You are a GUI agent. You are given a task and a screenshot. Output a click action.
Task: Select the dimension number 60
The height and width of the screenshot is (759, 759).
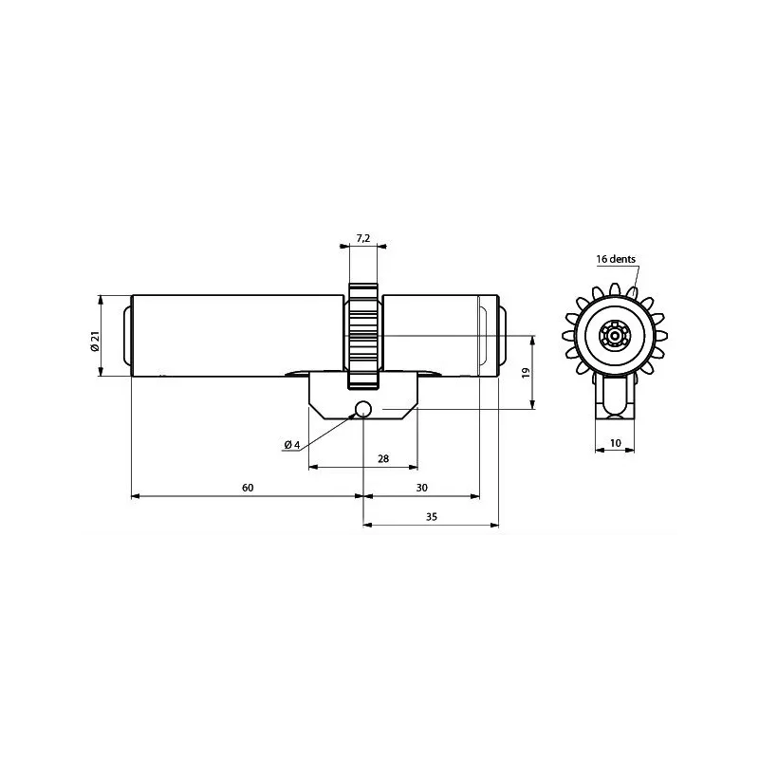coord(248,488)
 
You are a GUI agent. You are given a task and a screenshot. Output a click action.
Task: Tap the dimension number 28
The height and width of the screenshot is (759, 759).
coord(383,458)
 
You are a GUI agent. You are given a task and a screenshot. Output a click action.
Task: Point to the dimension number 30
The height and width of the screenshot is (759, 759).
coord(422,488)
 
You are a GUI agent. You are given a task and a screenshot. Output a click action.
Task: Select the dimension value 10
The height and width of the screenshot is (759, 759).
coord(616,443)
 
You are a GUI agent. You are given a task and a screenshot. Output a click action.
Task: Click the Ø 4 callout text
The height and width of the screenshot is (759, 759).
coord(291,445)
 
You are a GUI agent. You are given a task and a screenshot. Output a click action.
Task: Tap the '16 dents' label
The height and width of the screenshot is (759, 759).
coord(616,259)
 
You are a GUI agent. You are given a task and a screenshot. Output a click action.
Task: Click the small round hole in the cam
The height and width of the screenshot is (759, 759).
coord(362,410)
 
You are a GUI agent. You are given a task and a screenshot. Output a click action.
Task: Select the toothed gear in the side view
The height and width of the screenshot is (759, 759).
coord(362,337)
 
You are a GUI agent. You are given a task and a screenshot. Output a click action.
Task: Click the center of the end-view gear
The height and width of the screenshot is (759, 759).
coord(616,335)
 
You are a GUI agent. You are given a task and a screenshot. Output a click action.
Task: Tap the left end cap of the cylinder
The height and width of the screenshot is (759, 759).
coord(126,337)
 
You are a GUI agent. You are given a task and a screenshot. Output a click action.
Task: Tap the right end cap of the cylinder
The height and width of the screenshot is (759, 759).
coord(500,337)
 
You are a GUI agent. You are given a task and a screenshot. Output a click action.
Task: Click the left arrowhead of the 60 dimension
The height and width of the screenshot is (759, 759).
coord(134,496)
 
